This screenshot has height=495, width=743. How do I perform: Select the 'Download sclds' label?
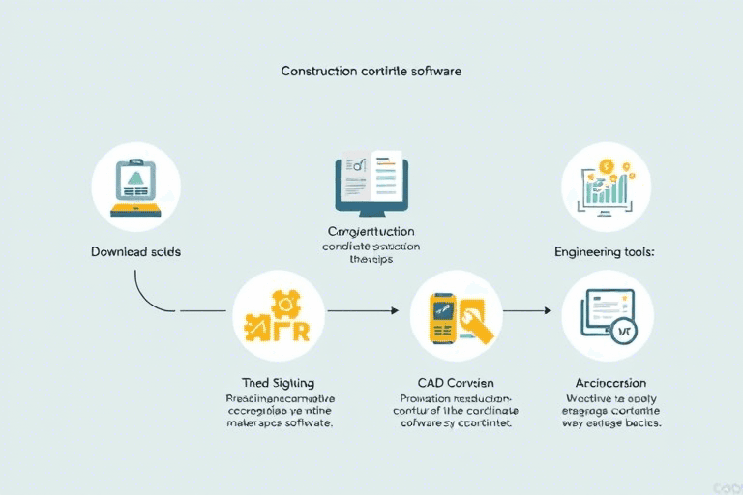point(136,251)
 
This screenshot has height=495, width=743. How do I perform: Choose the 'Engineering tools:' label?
point(606,251)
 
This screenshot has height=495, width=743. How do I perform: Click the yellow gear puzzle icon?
point(279,315)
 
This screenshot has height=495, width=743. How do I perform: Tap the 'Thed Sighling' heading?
point(278,383)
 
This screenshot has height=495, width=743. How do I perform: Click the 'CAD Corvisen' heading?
point(458,383)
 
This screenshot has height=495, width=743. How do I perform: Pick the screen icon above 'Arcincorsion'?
point(607,315)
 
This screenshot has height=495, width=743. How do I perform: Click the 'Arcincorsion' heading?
point(607,383)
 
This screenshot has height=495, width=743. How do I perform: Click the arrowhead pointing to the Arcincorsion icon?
point(548,310)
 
